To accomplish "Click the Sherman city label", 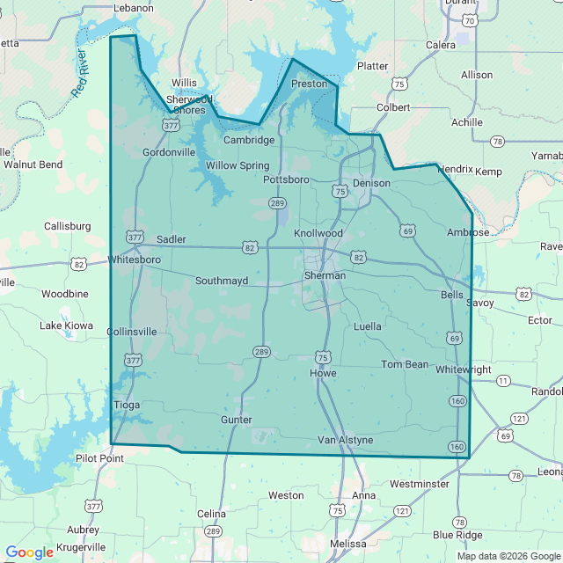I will pyautogui.click(x=325, y=275).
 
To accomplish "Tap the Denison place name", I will pyautogui.click(x=370, y=183).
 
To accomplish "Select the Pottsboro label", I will pyautogui.click(x=286, y=179).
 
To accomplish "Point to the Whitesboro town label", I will pyautogui.click(x=134, y=260).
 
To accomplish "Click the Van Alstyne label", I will pyautogui.click(x=345, y=440).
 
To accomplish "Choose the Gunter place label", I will pyautogui.click(x=237, y=420).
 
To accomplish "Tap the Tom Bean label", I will pyautogui.click(x=405, y=364).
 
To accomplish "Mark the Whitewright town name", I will pyautogui.click(x=463, y=369).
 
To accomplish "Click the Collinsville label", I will pyautogui.click(x=131, y=332).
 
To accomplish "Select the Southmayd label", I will pyautogui.click(x=222, y=281).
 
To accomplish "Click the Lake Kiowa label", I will pyautogui.click(x=66, y=325).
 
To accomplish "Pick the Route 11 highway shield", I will pyautogui.click(x=503, y=381).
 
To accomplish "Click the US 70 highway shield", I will pyautogui.click(x=470, y=20).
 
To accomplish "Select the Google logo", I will pyautogui.click(x=29, y=552).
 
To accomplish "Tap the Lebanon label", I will pyautogui.click(x=134, y=8).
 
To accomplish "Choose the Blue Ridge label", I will pyautogui.click(x=457, y=535).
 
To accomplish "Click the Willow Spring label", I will pyautogui.click(x=238, y=165).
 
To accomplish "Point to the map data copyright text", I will pyautogui.click(x=508, y=556).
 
